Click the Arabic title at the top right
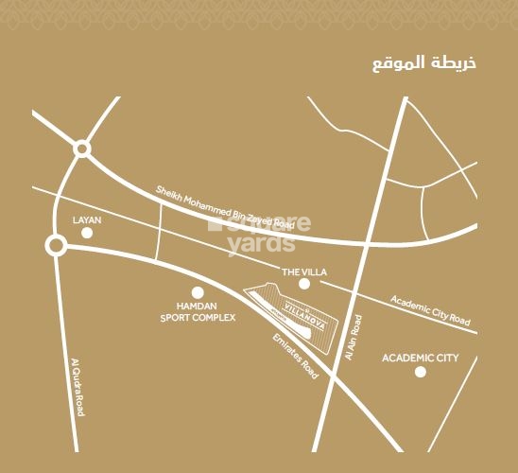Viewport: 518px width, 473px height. click(x=424, y=63)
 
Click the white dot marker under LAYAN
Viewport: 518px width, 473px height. click(x=87, y=232)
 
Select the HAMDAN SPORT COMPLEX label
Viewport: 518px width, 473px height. click(x=198, y=312)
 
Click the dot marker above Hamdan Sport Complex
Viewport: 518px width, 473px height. click(x=198, y=293)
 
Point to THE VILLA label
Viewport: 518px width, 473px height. click(x=304, y=272)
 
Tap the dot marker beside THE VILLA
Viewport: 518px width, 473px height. click(x=304, y=284)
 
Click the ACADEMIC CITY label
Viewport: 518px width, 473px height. click(x=420, y=359)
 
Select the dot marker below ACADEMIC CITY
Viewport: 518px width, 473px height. click(x=420, y=372)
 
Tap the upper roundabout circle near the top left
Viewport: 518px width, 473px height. click(x=81, y=149)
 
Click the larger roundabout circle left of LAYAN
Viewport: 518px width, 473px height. click(x=56, y=247)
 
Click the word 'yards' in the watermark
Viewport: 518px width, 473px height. click(x=261, y=244)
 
